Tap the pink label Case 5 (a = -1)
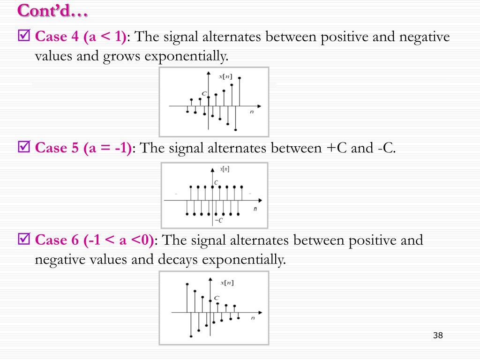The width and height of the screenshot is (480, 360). coord(83,148)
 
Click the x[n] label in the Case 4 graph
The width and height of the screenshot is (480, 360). coord(225,76)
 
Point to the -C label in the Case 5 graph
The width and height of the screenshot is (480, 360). coord(218,220)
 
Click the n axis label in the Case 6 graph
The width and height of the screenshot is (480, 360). coord(253,318)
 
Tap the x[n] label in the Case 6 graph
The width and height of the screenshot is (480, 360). coord(227,283)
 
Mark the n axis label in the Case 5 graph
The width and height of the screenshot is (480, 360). coord(255,209)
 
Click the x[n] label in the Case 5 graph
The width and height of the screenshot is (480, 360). coord(225,168)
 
